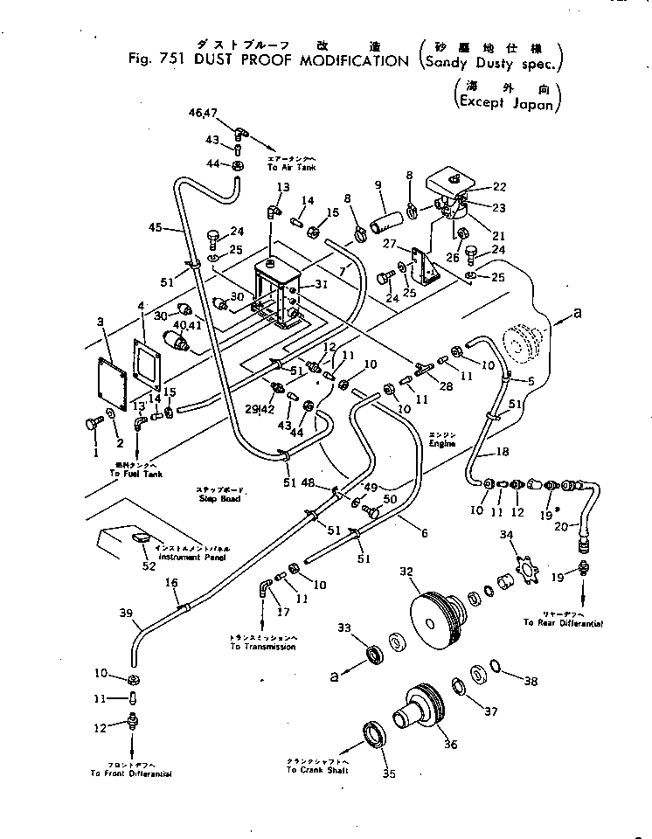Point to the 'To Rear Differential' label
565,622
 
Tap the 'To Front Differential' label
131,773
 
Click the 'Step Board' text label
218,498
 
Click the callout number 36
451,745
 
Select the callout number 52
149,566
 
